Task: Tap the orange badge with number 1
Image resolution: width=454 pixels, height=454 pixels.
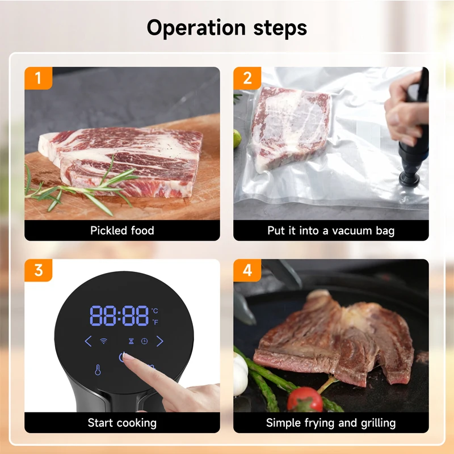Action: click(x=38, y=78)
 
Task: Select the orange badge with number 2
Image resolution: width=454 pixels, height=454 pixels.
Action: click(x=247, y=78)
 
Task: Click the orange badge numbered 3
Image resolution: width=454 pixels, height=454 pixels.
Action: click(x=38, y=270)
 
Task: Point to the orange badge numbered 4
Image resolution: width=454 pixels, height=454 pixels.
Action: click(x=247, y=270)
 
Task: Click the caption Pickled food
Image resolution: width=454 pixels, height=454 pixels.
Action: click(x=122, y=230)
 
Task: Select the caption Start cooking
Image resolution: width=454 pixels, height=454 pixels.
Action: click(x=122, y=423)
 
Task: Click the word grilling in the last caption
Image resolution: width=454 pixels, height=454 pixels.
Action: click(x=374, y=423)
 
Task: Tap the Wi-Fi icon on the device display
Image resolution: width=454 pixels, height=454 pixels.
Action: click(x=104, y=341)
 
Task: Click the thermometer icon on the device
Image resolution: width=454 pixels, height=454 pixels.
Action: click(x=98, y=370)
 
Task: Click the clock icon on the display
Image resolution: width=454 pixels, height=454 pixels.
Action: click(x=144, y=341)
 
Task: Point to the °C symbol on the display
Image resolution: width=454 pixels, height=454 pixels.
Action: click(x=155, y=311)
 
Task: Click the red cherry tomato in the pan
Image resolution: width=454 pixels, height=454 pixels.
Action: click(x=304, y=400)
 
